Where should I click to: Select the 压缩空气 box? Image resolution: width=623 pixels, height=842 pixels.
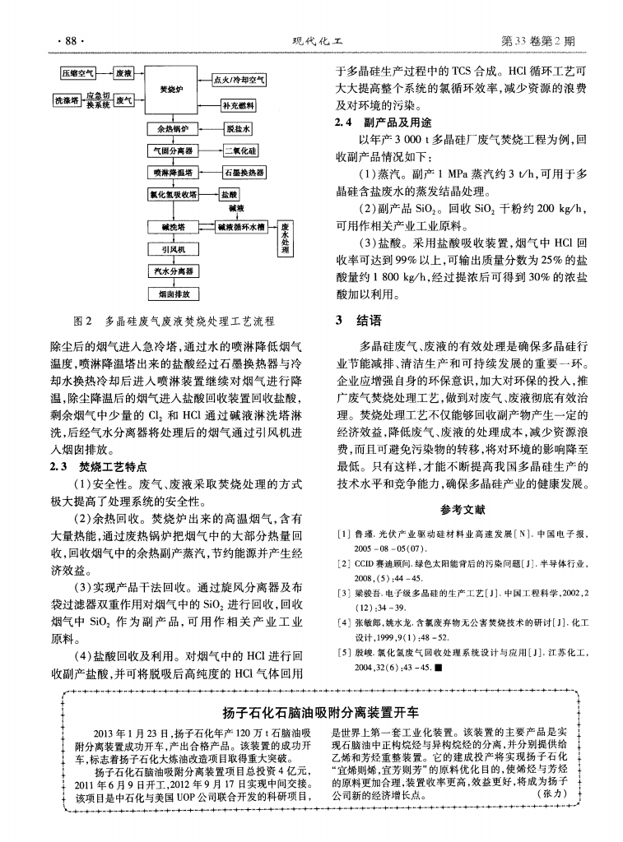[79, 73]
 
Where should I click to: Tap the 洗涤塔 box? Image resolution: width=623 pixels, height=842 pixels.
[65, 99]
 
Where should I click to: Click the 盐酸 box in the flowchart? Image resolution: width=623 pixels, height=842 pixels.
[228, 195]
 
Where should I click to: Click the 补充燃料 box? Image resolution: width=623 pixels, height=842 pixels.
[239, 106]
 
